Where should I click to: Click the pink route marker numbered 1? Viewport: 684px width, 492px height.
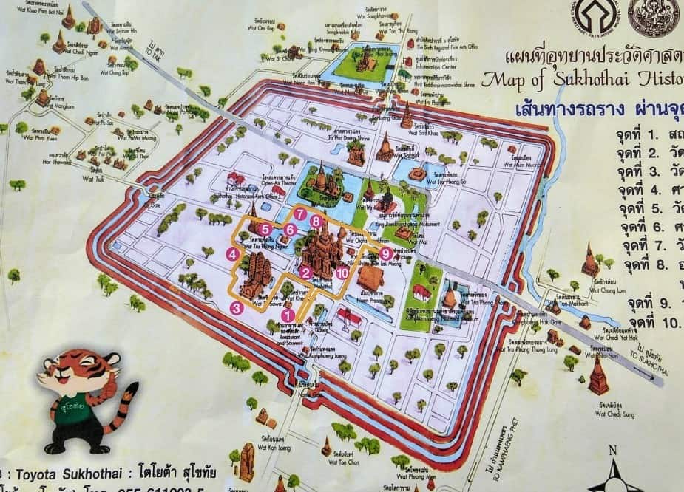click(289, 315)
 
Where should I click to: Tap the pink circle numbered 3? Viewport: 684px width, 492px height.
click(236, 308)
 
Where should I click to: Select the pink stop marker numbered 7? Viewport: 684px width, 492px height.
click(300, 213)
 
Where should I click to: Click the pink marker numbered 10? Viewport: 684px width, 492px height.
click(341, 273)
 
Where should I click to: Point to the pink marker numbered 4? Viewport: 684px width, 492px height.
click(232, 255)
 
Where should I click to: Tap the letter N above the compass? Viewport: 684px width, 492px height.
click(613, 449)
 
